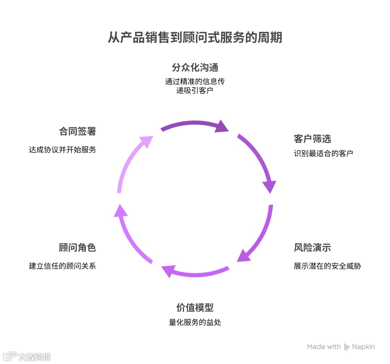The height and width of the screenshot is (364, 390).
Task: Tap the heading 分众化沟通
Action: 195,68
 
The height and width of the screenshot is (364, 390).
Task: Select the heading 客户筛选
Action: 312,139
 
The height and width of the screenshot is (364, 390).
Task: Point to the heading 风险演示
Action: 312,248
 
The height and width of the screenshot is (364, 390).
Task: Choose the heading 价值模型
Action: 195,308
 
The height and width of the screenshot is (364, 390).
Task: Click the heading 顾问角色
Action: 77,248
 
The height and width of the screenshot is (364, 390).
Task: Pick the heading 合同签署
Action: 77,131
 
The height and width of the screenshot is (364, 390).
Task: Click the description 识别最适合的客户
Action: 323,153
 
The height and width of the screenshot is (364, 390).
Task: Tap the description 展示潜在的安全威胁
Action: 327,266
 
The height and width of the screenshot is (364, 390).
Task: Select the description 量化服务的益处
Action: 195,322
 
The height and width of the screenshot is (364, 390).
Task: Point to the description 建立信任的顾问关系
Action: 62,266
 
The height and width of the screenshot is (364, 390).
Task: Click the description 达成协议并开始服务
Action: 62,150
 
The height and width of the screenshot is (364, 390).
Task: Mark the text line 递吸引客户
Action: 195,90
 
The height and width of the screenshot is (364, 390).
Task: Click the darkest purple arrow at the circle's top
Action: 191,124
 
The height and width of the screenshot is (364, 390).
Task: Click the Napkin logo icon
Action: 347,347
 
